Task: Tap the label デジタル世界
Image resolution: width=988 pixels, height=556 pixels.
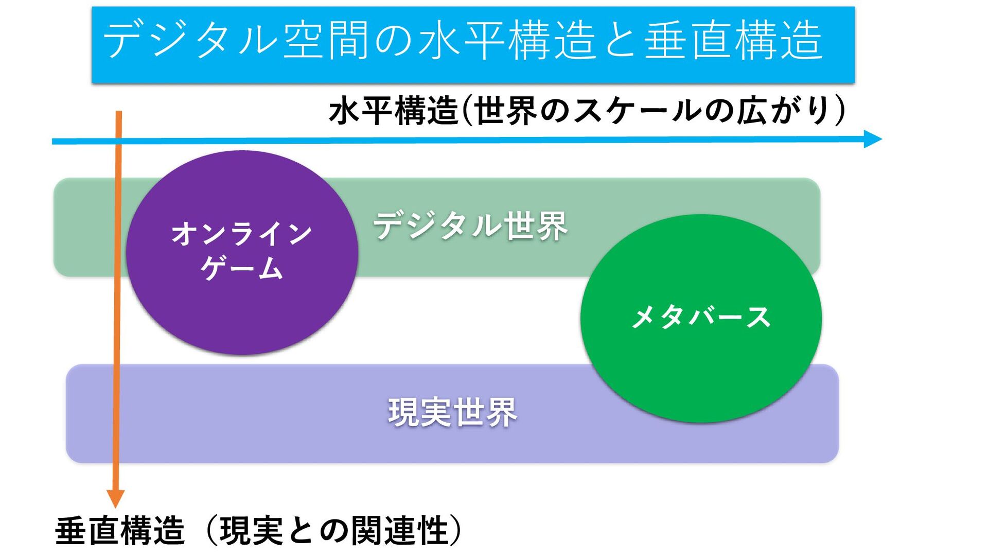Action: tap(470, 226)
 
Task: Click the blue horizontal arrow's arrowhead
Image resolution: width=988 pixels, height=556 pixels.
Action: tap(873, 139)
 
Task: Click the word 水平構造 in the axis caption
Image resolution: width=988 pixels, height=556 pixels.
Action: tap(394, 111)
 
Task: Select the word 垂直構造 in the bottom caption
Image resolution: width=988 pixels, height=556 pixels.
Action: tap(120, 531)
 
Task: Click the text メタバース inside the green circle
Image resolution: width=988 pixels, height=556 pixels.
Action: tap(701, 317)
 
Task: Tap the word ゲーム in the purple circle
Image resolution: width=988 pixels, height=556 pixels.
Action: tap(242, 268)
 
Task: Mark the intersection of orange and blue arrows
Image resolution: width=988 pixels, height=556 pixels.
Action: tap(118, 141)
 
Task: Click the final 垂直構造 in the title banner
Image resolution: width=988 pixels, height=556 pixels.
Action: tap(733, 40)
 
